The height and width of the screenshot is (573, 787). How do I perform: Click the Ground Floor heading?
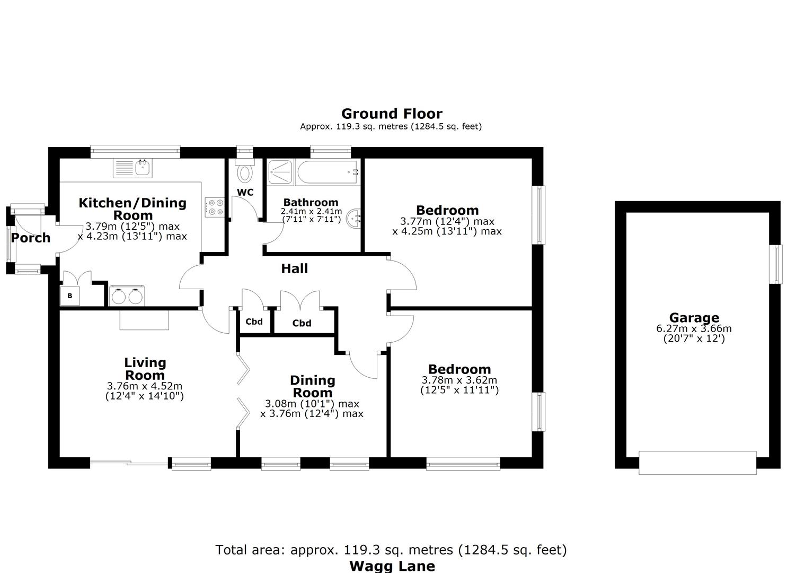pos(392,114)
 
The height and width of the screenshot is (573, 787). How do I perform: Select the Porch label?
pos(31,238)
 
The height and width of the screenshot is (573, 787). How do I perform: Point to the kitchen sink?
pos(133,168)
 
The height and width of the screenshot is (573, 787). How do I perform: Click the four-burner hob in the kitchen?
pos(215,207)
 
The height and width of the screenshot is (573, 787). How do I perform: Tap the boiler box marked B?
pos(70,296)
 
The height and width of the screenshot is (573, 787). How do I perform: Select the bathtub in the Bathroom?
pos(328,172)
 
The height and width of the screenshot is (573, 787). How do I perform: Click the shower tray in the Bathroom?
pos(280,172)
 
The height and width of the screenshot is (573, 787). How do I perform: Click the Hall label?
pos(295,269)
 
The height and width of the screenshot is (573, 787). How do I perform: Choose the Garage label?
pos(694,318)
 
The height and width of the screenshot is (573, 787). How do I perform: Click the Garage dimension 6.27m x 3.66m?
pos(694,328)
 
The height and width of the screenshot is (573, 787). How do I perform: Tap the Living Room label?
pos(145,369)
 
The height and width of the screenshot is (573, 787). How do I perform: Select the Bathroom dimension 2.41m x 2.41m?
pos(311,211)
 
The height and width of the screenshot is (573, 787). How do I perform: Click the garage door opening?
pos(697,463)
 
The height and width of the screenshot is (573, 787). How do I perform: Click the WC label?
pos(245,193)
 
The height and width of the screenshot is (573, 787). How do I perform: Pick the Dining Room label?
pos(312,386)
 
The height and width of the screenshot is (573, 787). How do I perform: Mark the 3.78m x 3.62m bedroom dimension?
pos(459,380)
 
